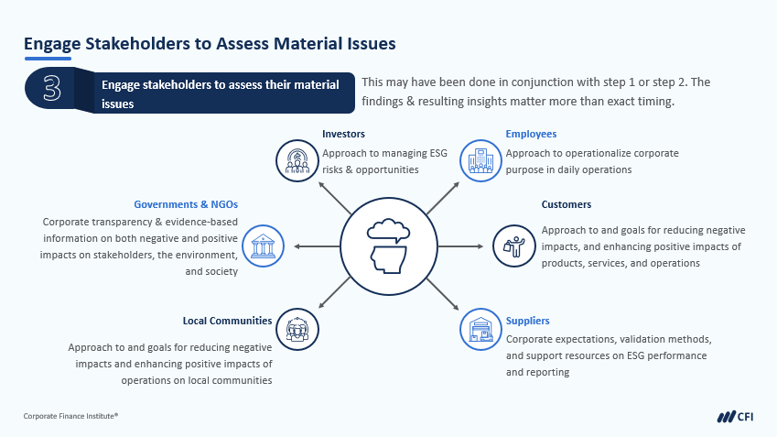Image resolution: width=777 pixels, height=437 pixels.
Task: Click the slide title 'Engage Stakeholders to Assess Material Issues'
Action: [x=210, y=43]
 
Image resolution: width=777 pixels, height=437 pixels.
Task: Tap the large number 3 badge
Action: [x=52, y=89]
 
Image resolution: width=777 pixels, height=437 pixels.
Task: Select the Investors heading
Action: [x=343, y=134]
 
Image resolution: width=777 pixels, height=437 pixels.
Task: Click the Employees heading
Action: [x=531, y=134]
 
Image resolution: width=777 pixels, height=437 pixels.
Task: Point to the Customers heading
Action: [x=566, y=204]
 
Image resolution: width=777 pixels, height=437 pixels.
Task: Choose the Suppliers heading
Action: [x=527, y=321]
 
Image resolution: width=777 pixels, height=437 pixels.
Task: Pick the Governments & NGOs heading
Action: [x=186, y=204]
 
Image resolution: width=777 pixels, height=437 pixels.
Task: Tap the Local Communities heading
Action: [x=227, y=321]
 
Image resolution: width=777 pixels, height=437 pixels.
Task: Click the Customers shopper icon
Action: [x=513, y=246]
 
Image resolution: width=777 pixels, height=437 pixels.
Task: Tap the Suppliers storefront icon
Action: [x=480, y=328]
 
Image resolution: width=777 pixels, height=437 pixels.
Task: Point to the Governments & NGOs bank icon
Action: [x=262, y=246]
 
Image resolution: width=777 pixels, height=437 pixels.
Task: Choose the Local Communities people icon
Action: [x=297, y=328]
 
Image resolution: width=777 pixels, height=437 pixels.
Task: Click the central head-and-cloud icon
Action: [x=387, y=246]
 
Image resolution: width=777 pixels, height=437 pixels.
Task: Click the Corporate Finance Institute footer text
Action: [x=70, y=416]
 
